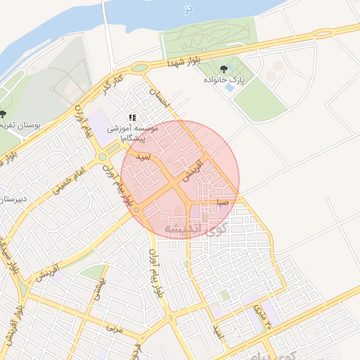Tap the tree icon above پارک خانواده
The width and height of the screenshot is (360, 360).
[x=224, y=69]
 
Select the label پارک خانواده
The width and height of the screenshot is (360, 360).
[x=224, y=80]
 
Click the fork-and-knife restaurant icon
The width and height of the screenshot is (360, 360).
[x=131, y=117]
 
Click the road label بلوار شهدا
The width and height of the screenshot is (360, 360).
[x=184, y=60]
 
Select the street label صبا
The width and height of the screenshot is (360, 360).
[x=223, y=202]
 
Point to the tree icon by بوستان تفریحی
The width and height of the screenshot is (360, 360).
[x=4, y=114]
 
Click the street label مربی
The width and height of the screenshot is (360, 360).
[x=113, y=328]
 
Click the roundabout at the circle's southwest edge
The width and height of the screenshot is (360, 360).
[x=136, y=210]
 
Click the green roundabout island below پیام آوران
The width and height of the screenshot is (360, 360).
[x=103, y=157]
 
